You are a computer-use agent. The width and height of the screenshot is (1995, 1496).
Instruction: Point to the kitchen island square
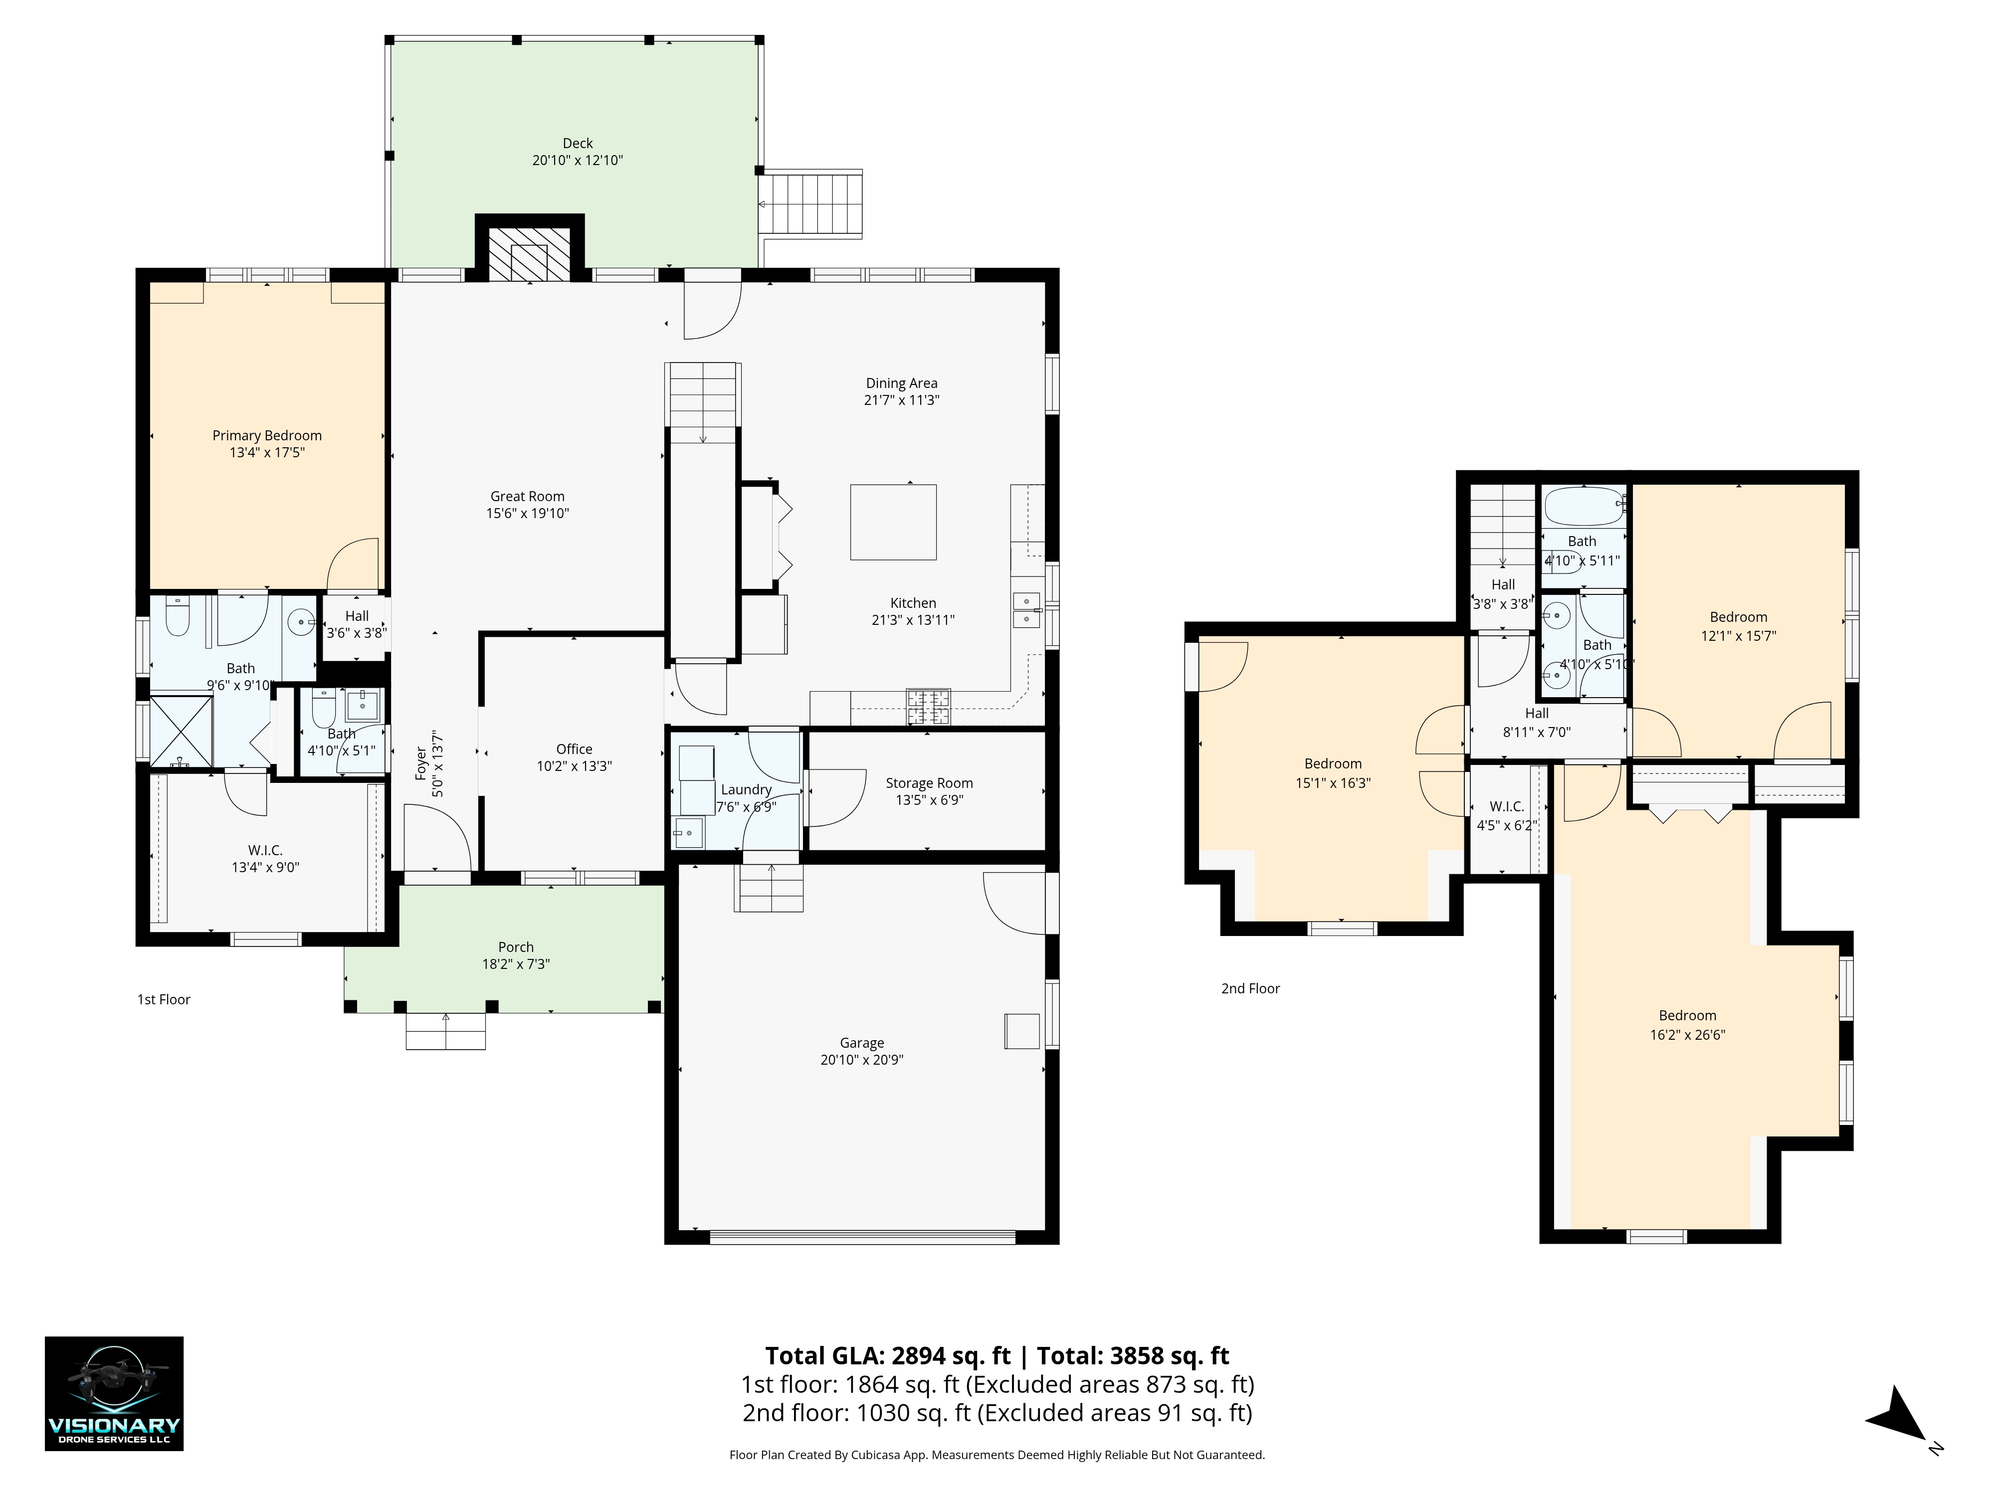893,522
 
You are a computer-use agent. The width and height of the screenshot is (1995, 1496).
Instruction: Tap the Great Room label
528,496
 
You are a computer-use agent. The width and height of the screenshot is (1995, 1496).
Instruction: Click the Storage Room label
929,783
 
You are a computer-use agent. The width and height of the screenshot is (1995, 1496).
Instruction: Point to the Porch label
516,947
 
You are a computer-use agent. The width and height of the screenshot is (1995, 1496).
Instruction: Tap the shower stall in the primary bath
181,732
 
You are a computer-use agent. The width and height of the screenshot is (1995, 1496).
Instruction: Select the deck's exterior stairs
810,204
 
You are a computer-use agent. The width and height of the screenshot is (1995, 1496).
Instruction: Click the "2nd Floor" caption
1251,988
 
